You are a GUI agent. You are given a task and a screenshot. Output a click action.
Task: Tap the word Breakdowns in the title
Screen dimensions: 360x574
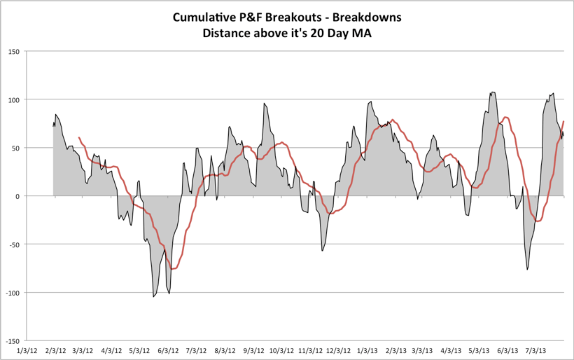coord(367,16)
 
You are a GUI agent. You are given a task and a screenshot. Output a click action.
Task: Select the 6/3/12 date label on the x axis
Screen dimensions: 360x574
coord(169,349)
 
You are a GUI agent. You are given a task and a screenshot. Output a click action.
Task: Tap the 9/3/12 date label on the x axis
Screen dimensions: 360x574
coord(253,349)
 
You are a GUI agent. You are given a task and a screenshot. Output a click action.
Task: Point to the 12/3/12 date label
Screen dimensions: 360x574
coord(337,349)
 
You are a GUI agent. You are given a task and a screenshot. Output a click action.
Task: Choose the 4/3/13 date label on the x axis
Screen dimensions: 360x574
coord(451,349)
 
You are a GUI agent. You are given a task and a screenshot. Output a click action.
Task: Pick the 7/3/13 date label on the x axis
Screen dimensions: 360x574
coord(535,349)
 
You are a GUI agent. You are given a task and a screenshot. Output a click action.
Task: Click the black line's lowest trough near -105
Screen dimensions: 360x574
coord(153,297)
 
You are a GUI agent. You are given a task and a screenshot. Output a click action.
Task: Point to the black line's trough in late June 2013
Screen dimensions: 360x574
coord(527,269)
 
